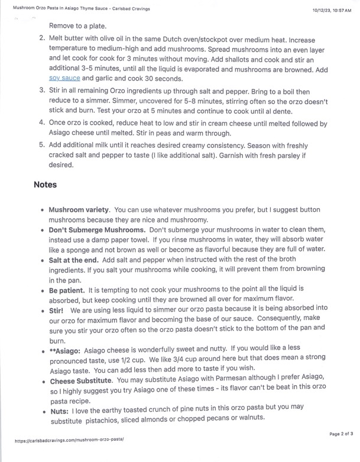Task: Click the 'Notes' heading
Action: point(45,185)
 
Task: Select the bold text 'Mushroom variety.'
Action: point(79,210)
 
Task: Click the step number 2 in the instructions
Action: point(42,38)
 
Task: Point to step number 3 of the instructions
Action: point(42,90)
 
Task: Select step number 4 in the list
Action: point(42,123)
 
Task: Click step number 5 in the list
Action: point(42,146)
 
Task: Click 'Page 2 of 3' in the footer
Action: point(341,434)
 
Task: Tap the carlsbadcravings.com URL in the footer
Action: point(69,441)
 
